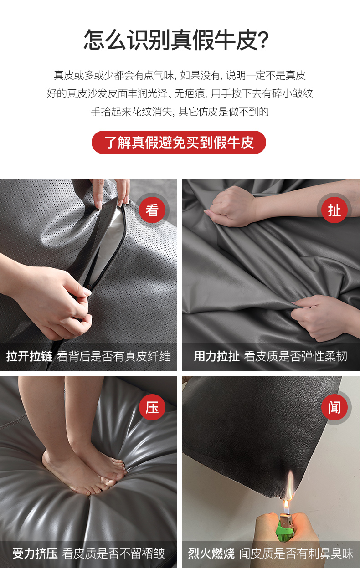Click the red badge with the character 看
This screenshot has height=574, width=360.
point(152,210)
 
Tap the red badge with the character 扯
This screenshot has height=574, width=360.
point(334,210)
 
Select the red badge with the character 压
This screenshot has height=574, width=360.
point(152,407)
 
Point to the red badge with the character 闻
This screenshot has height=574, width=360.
point(334,407)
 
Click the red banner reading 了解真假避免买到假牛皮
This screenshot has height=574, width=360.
point(179,142)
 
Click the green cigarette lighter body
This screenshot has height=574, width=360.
point(285,531)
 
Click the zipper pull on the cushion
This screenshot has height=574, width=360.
point(89,287)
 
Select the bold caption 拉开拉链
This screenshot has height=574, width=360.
point(29,356)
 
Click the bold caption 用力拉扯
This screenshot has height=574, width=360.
point(216,356)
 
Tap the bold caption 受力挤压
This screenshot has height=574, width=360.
point(35,553)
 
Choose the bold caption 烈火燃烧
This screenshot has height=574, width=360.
point(211,553)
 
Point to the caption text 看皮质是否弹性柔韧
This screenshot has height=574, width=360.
point(296,356)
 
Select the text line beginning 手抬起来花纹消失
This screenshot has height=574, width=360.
point(180,112)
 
